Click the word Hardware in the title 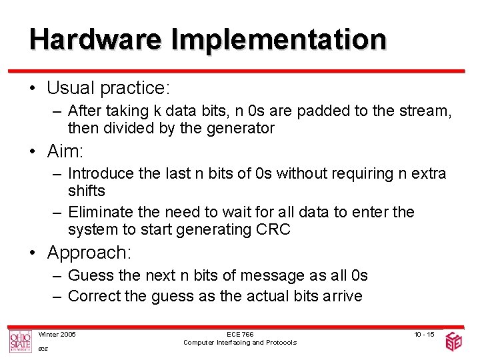pos(95,40)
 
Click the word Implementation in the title pos(279,40)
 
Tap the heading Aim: pos(65,151)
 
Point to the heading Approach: pos(89,253)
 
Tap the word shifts pos(87,191)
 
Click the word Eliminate pos(99,212)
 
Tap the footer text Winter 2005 pos(57,334)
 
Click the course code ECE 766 pos(239,334)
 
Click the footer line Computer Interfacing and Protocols pos(239,343)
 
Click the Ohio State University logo pos(20,341)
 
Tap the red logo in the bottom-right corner pos(454,341)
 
